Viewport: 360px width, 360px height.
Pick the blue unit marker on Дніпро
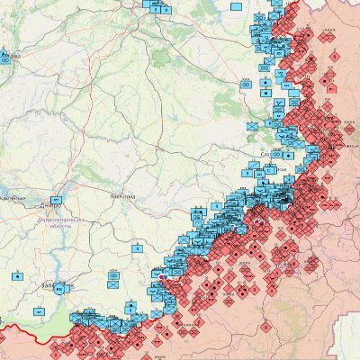(x=57, y=198)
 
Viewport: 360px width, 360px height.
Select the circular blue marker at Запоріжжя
(x=59, y=290)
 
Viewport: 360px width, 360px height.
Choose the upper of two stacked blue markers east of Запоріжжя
(x=114, y=274)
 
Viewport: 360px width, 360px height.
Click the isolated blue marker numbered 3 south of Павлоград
(x=137, y=248)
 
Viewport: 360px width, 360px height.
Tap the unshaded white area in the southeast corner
(x=346, y=346)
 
